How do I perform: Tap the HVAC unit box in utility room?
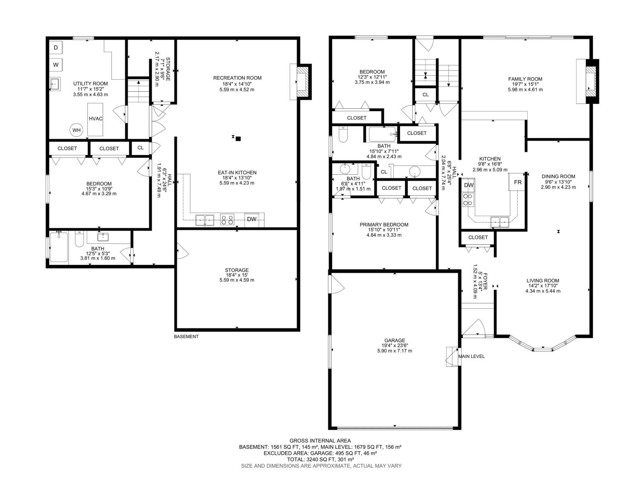(x=96, y=119)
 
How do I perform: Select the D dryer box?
(x=56, y=48)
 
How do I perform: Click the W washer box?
(x=56, y=64)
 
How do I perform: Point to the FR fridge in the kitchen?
(x=518, y=182)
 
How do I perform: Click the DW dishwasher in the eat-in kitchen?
(x=252, y=219)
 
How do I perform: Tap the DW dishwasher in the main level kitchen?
(x=469, y=185)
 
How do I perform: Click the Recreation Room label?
(x=237, y=78)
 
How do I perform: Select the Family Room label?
(x=525, y=79)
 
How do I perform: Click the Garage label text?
(x=394, y=341)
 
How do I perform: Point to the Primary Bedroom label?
(x=384, y=225)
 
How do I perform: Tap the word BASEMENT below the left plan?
(x=186, y=336)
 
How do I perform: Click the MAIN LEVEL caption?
(x=471, y=356)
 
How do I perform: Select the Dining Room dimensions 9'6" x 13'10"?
(x=558, y=182)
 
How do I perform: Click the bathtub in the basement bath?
(x=58, y=247)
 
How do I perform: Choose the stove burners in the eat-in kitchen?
(x=227, y=220)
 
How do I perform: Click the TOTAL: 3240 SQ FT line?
(x=321, y=459)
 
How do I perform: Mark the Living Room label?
(x=543, y=281)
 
